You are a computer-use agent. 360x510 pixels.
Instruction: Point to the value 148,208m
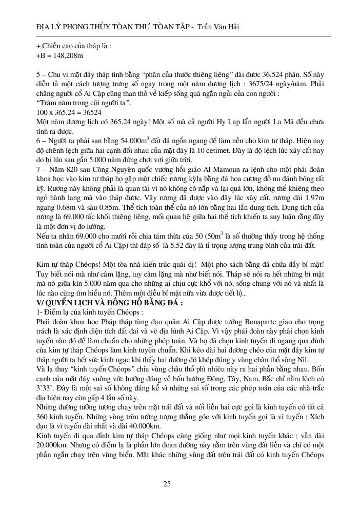click(x=67, y=54)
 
